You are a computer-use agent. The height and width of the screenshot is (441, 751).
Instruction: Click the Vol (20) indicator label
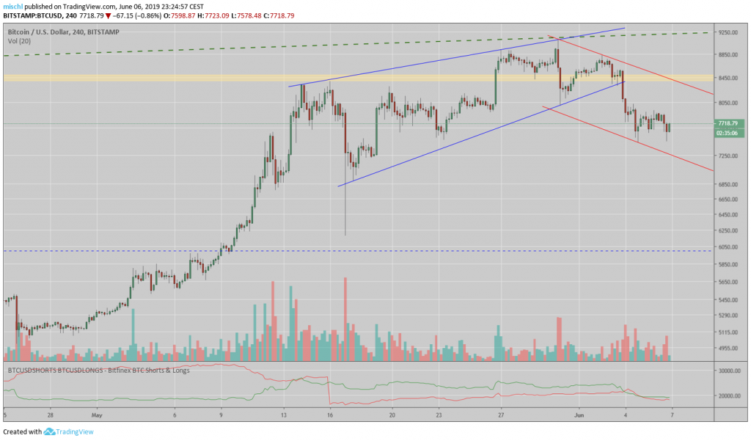pyautogui.click(x=19, y=41)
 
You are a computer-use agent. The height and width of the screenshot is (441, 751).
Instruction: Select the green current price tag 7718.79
pyautogui.click(x=730, y=123)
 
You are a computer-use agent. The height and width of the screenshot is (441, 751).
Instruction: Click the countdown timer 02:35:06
pyautogui.click(x=730, y=133)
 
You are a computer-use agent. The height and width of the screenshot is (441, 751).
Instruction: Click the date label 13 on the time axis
pyautogui.click(x=284, y=415)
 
